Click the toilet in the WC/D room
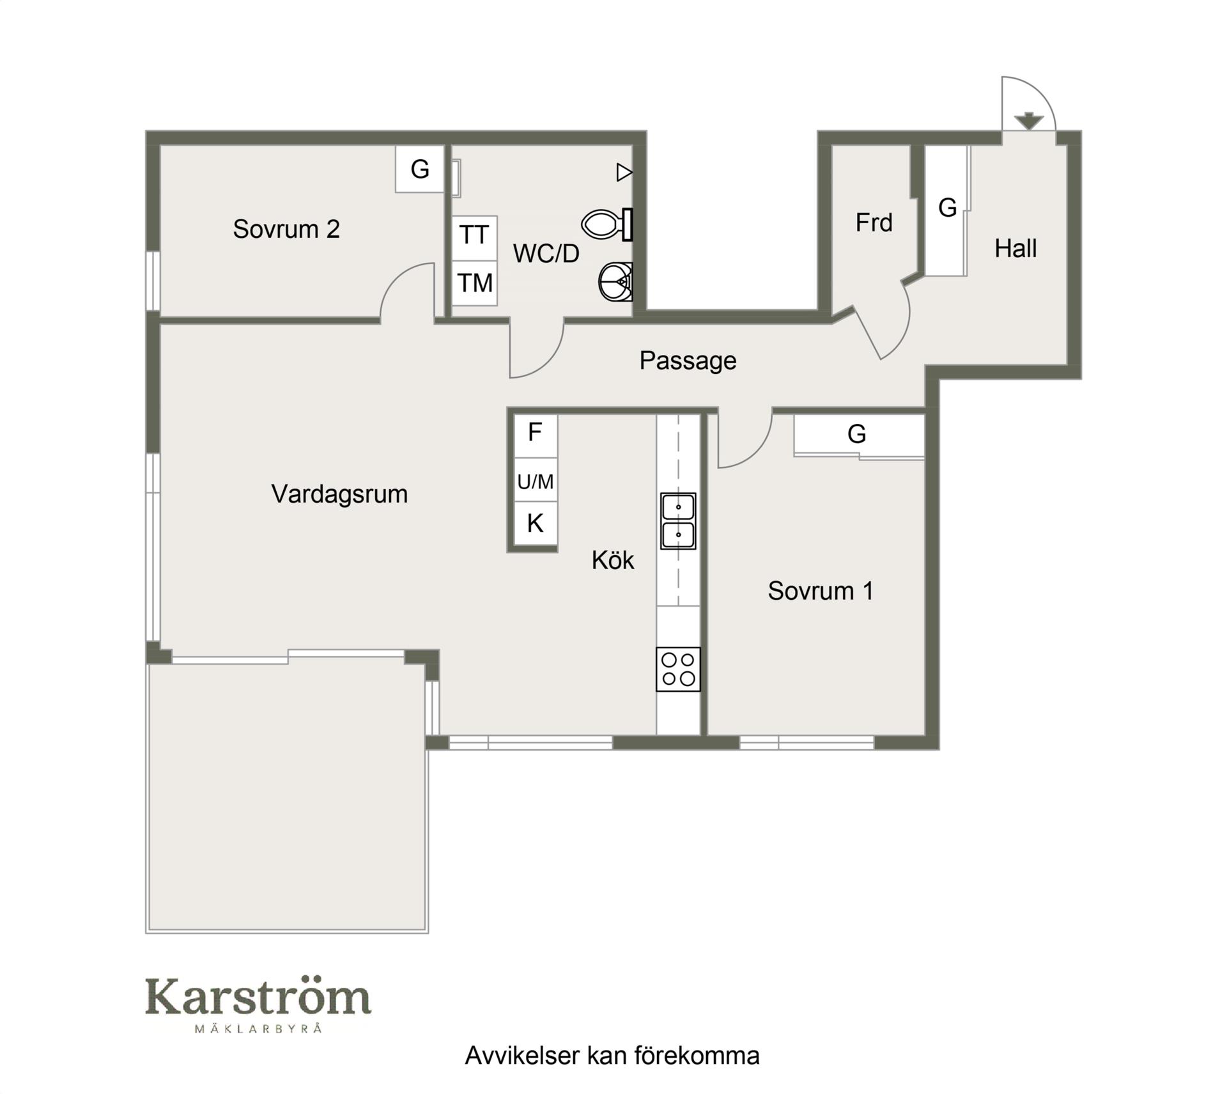(606, 224)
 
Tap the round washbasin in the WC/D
(615, 281)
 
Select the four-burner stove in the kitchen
(678, 669)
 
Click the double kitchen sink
(678, 520)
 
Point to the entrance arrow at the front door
(1028, 121)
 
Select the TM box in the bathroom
(474, 283)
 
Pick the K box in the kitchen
(536, 524)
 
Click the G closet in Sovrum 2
(419, 169)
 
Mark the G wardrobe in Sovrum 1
(859, 435)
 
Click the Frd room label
(874, 223)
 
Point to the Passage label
(688, 361)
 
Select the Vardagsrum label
(339, 494)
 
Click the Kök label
(613, 560)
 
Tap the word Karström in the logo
(258, 998)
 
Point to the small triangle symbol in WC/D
(624, 172)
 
